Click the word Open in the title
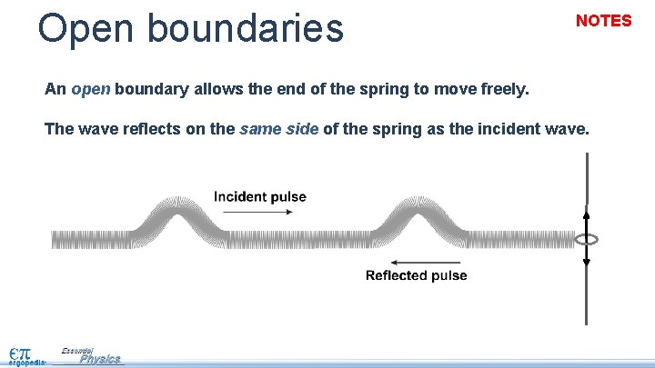click(x=86, y=28)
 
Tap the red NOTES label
click(x=603, y=21)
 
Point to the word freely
click(x=502, y=90)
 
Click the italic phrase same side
click(x=278, y=129)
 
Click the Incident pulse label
click(x=260, y=196)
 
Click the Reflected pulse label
click(x=416, y=275)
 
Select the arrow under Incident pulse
click(x=257, y=213)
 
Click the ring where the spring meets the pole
click(x=587, y=240)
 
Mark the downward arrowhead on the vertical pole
click(x=587, y=262)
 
